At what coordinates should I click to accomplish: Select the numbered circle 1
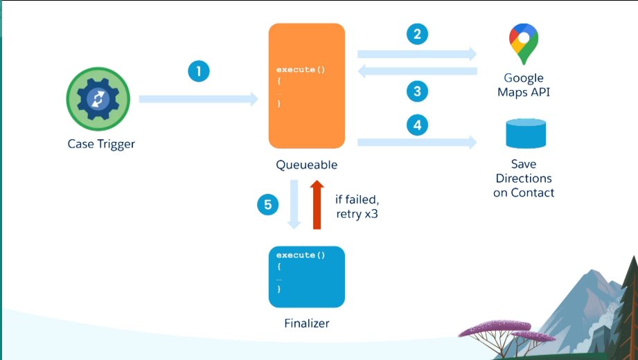pyautogui.click(x=198, y=71)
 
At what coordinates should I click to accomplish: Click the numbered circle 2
pyautogui.click(x=417, y=35)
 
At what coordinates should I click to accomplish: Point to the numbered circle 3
pyautogui.click(x=417, y=91)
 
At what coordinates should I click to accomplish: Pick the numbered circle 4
pyautogui.click(x=417, y=125)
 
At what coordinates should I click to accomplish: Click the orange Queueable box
pyautogui.click(x=306, y=86)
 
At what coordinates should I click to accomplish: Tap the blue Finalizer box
pyautogui.click(x=306, y=276)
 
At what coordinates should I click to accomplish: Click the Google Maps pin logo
pyautogui.click(x=524, y=43)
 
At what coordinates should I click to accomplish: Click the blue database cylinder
pyautogui.click(x=525, y=133)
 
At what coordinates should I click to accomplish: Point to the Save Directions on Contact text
pyautogui.click(x=524, y=178)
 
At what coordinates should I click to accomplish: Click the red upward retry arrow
pyautogui.click(x=317, y=204)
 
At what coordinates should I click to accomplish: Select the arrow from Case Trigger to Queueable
pyautogui.click(x=198, y=100)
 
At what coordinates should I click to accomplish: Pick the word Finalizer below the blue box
pyautogui.click(x=306, y=323)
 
